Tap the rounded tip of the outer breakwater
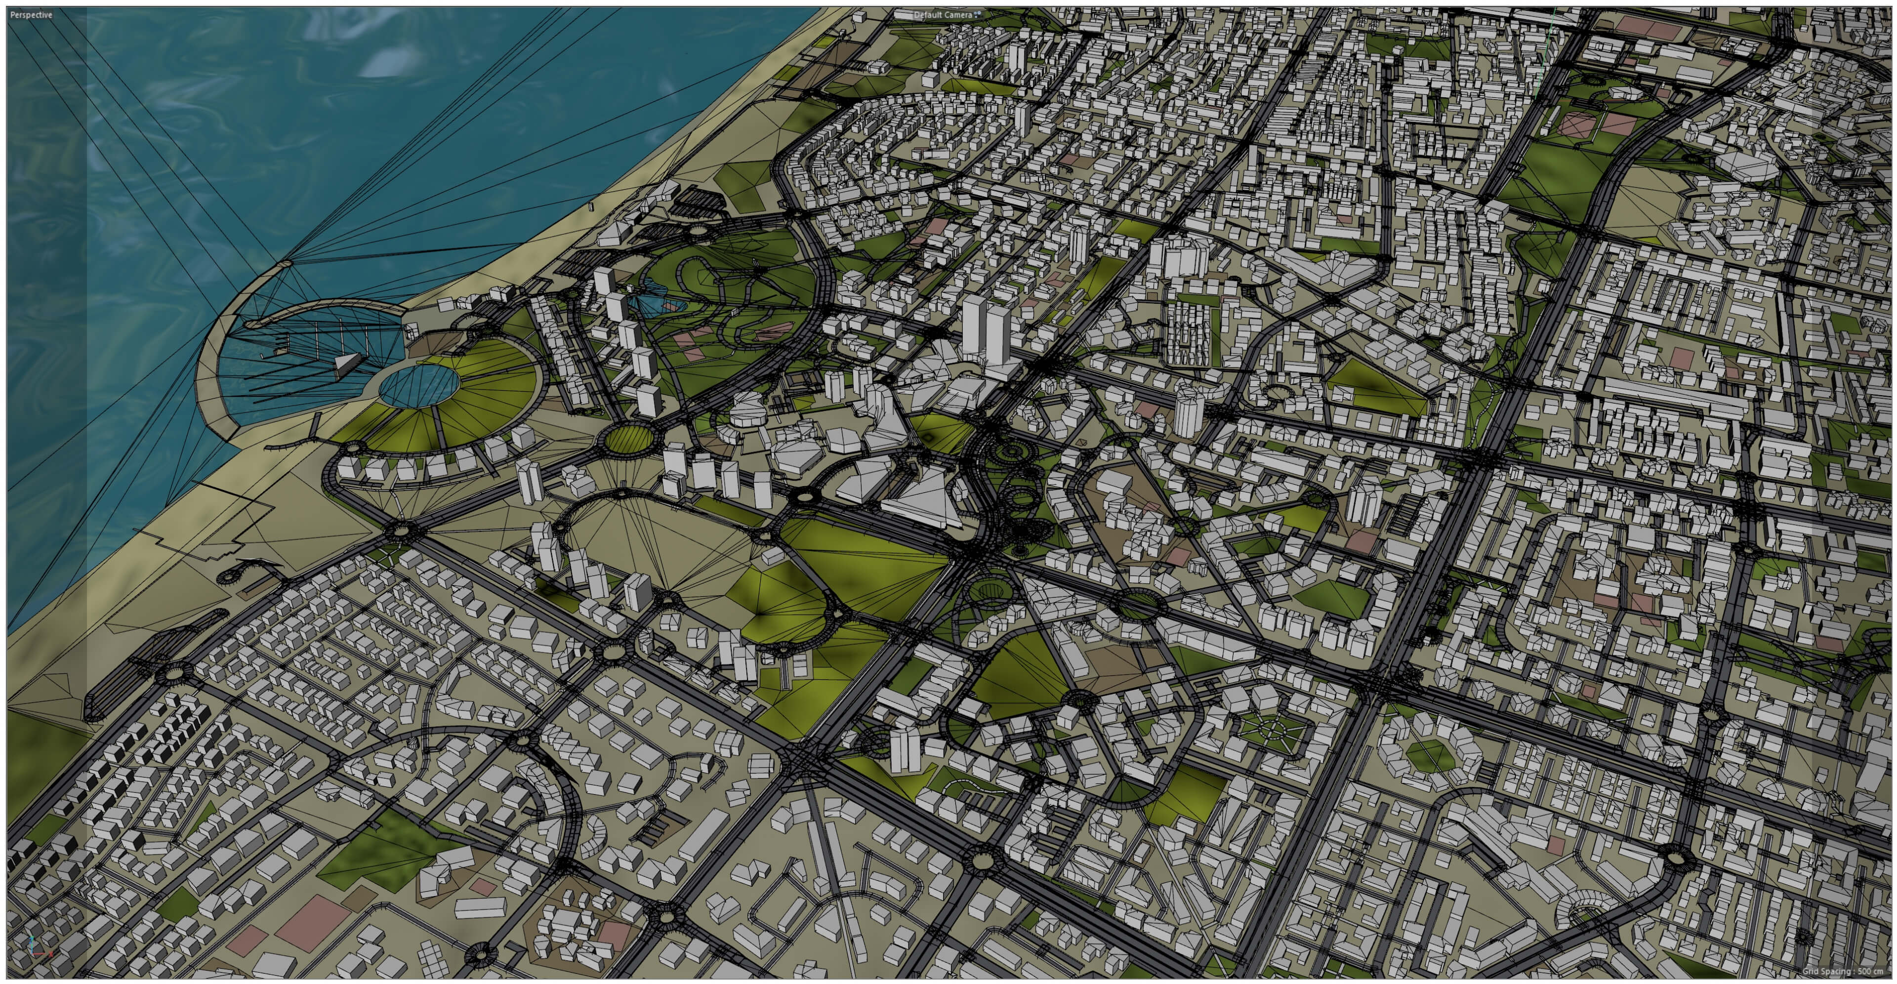(x=284, y=263)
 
